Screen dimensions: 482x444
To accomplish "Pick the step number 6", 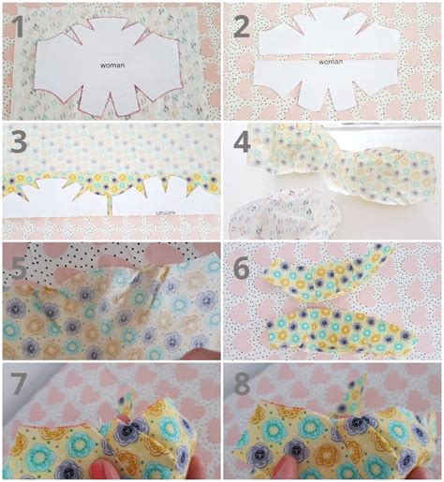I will tap(243, 268).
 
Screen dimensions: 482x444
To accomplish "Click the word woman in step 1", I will tap(113, 66).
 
